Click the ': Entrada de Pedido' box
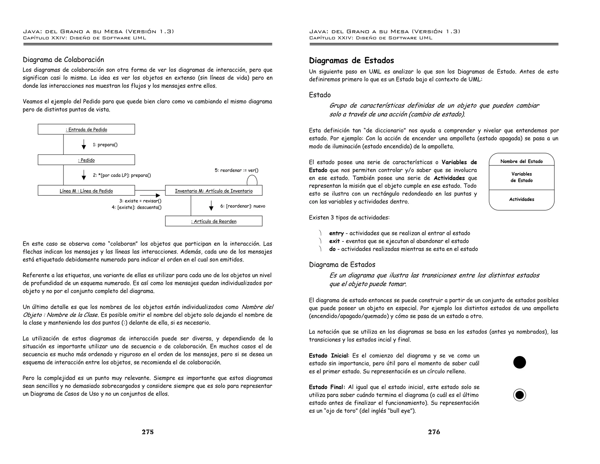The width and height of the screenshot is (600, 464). pyautogui.click(x=86, y=129)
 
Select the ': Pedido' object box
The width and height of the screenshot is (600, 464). pyautogui.click(x=86, y=160)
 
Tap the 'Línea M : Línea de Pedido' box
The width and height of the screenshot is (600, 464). pyautogui.click(x=86, y=191)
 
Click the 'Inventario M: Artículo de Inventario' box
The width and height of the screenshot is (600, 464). pyautogui.click(x=214, y=191)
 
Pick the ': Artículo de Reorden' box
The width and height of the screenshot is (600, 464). pyautogui.click(x=214, y=221)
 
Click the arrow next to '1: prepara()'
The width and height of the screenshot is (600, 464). pyautogui.click(x=84, y=145)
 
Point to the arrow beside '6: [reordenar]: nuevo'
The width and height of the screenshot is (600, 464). pyautogui.click(x=211, y=206)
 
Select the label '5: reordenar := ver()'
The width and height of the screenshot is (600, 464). pyautogui.click(x=236, y=170)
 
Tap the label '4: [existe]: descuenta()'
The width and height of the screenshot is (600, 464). pyautogui.click(x=137, y=207)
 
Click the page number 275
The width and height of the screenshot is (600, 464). pyautogui.click(x=148, y=432)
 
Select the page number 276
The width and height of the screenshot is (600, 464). pyautogui.click(x=434, y=432)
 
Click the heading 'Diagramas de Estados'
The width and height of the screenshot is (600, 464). pyautogui.click(x=351, y=61)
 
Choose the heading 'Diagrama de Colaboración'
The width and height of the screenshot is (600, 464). pyautogui.click(x=63, y=60)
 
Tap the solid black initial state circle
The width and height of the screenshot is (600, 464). pyautogui.click(x=519, y=362)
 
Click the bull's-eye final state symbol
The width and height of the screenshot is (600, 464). pyautogui.click(x=519, y=395)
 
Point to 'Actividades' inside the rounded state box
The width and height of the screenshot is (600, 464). pyautogui.click(x=521, y=199)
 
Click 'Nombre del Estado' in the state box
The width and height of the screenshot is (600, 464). pyautogui.click(x=521, y=161)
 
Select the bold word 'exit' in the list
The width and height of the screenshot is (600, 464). pyautogui.click(x=334, y=241)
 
